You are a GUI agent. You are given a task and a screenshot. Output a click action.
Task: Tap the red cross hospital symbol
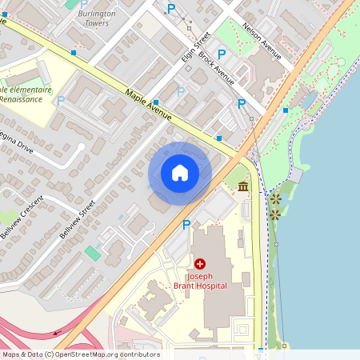pos(199,263)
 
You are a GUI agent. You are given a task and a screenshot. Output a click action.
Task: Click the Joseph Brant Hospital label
pos(200,280)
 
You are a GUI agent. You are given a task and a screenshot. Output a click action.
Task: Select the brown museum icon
pos(242,186)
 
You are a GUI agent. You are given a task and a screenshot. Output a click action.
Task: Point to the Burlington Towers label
pos(97,18)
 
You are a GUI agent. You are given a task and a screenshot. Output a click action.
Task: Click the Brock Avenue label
pos(217,69)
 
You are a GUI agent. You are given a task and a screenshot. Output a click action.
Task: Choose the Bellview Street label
pos(78,220)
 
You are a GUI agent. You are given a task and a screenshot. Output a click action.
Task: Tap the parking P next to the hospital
pos(186,225)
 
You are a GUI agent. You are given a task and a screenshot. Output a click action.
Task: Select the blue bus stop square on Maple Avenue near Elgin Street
pos(156,102)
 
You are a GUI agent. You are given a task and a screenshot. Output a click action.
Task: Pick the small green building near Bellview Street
pos(93,253)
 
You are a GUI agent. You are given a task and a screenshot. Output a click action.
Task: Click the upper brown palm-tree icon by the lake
pos(275,198)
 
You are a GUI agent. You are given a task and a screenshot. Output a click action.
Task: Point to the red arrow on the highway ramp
pos(58,333)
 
